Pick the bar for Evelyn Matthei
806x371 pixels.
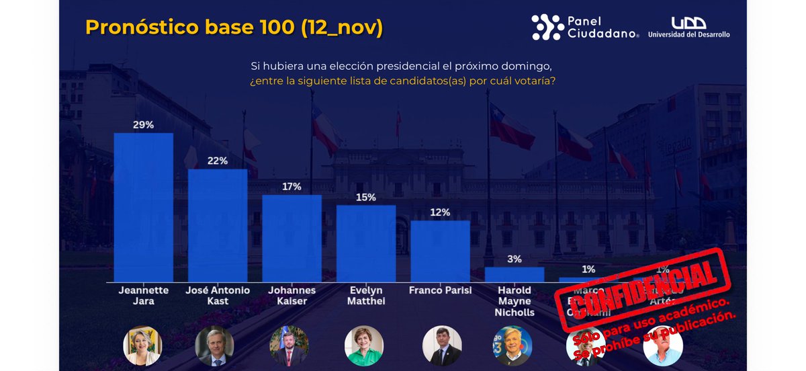366,243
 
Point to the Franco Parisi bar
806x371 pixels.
440,251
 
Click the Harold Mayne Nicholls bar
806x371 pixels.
514,274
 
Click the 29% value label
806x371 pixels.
143,124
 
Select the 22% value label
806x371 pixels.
218,161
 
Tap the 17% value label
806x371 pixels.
292,186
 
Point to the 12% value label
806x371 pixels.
440,212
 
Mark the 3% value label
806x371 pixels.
514,259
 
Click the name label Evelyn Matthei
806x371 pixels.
366,296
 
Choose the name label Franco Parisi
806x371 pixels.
440,291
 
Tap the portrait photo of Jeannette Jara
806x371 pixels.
143,345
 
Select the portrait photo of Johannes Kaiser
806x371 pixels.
289,345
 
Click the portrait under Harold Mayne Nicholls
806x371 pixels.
512,345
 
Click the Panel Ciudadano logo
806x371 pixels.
585,27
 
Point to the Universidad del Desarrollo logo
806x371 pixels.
688,27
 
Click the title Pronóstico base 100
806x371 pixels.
234,28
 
